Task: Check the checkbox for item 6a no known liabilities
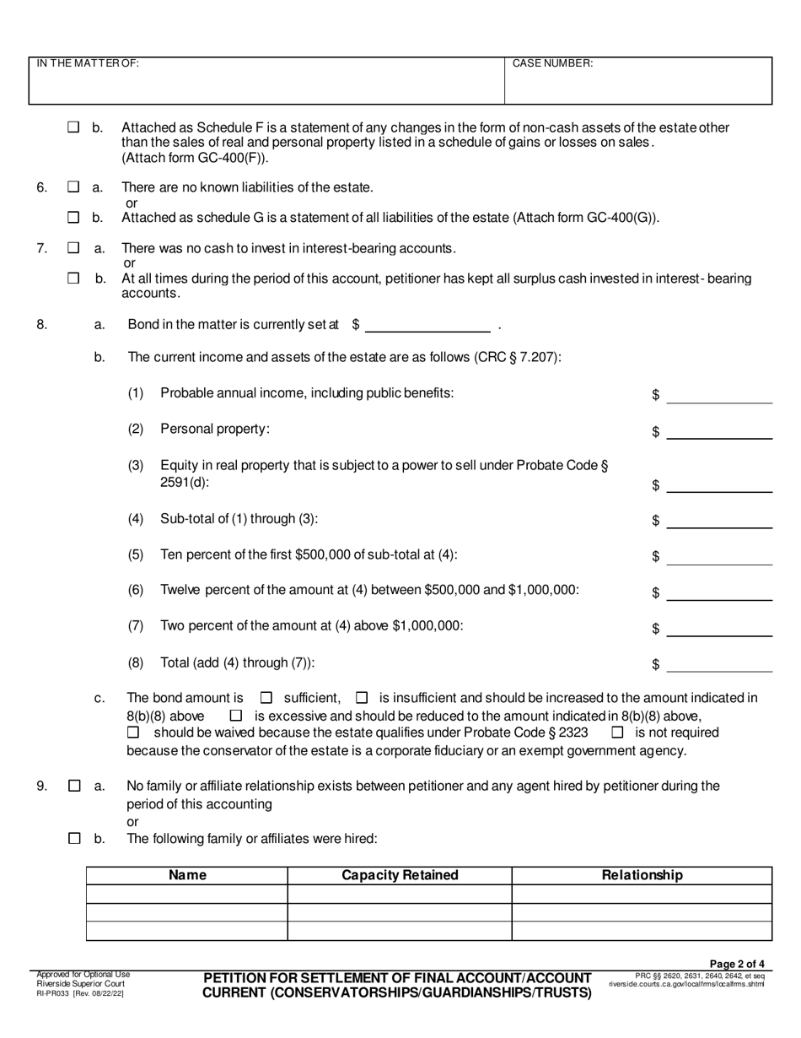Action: [73, 187]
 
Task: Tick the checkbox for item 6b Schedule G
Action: [73, 218]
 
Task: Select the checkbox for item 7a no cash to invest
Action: [73, 248]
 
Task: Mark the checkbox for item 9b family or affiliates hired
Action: [73, 839]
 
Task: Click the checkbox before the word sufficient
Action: [266, 698]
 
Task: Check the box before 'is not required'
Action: [617, 733]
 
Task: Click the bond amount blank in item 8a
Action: [427, 324]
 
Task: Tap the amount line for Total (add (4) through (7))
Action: [718, 664]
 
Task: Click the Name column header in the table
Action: [187, 875]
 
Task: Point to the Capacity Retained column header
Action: [400, 875]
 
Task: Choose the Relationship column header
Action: [642, 875]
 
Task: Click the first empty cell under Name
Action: [187, 894]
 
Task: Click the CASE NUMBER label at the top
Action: [552, 63]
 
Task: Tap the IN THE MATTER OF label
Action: [88, 63]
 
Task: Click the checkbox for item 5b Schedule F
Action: [73, 127]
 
